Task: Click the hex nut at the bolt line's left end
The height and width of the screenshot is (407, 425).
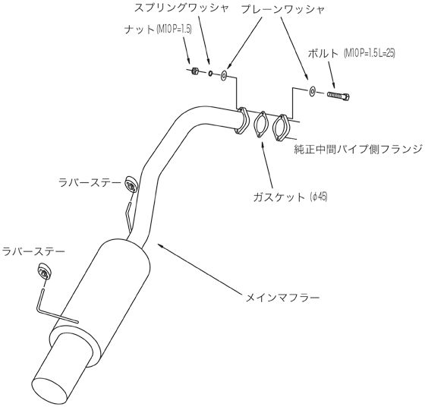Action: [194, 71]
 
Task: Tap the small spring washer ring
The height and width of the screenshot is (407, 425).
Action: [210, 73]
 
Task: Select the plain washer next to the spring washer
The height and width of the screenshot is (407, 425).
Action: [224, 76]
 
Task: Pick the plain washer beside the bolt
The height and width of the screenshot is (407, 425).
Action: [312, 91]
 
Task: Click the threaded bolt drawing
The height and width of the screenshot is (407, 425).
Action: [338, 96]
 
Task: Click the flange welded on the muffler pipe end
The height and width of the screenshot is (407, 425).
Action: [241, 121]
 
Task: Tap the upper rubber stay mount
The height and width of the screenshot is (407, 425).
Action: [132, 185]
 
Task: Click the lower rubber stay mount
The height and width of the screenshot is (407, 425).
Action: [44, 271]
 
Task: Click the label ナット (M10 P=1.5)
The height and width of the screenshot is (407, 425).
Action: [159, 30]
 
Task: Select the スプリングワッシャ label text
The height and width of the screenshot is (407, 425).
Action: [181, 8]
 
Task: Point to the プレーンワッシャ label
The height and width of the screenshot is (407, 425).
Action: [282, 11]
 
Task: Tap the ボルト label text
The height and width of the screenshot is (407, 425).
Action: [323, 54]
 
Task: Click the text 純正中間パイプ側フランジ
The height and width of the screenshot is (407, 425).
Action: [358, 149]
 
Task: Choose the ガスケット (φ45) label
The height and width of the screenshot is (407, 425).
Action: [290, 197]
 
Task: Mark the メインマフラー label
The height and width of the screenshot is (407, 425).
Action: [282, 298]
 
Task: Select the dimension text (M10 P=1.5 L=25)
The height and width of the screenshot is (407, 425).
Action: [369, 54]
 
